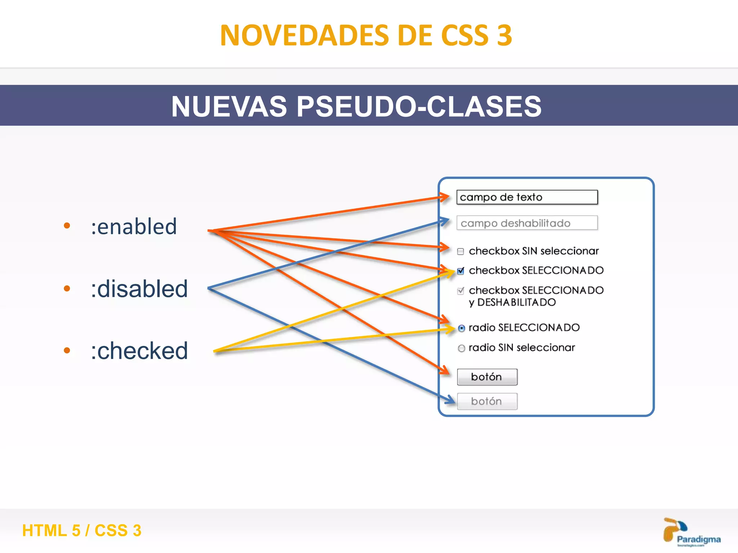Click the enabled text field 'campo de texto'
tap(527, 197)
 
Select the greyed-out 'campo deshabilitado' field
tap(527, 223)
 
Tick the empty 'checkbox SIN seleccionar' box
tap(461, 251)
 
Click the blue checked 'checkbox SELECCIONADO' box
tap(461, 271)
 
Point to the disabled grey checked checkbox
tap(461, 291)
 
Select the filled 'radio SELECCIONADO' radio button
tap(461, 328)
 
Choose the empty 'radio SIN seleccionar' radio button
tap(461, 348)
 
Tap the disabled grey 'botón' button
tap(487, 401)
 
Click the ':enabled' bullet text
tap(134, 227)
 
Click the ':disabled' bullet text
tap(139, 289)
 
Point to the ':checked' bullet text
tap(139, 351)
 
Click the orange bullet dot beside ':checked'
tap(67, 350)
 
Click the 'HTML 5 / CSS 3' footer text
tap(82, 530)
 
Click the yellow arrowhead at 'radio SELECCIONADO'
tap(451, 329)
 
